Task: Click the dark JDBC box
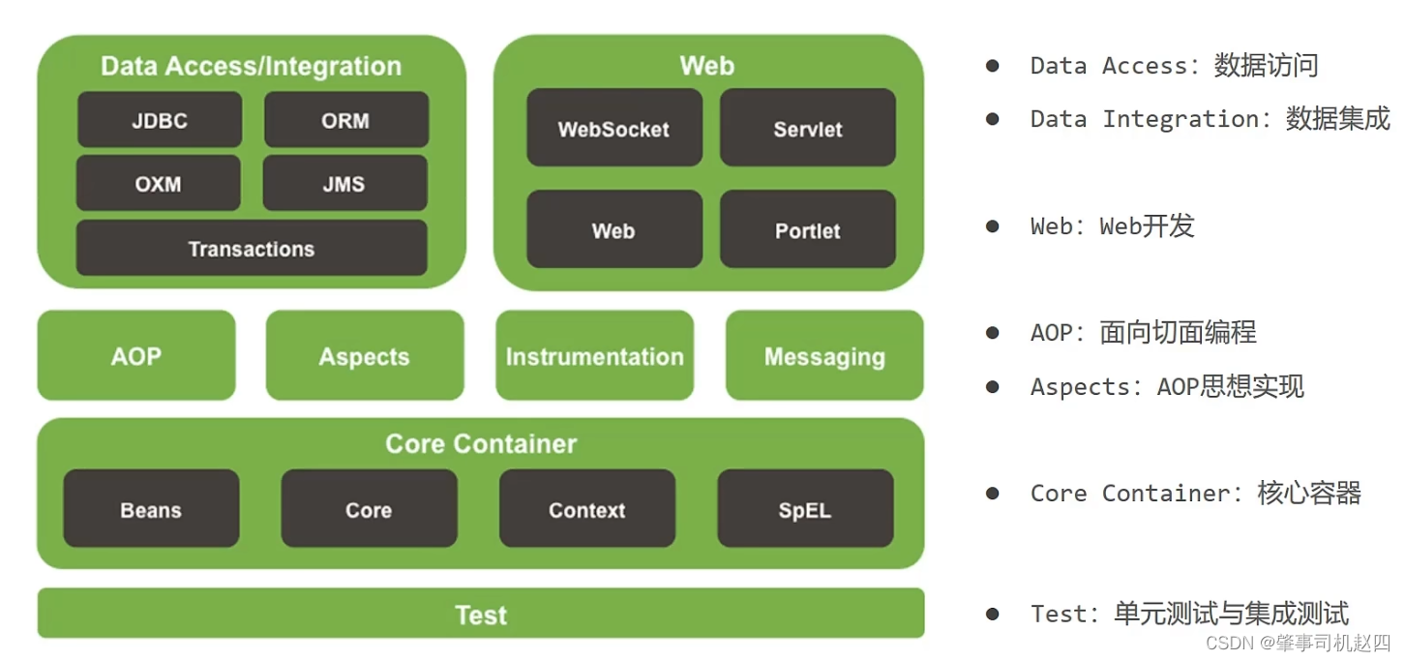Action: pos(160,120)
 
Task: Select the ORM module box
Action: pos(345,120)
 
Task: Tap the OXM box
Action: pos(158,183)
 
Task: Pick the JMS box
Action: pos(344,183)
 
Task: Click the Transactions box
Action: pos(252,248)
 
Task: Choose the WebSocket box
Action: pos(613,128)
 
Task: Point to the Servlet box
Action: pos(807,128)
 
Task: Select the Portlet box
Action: pos(807,229)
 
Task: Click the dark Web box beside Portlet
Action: pos(613,229)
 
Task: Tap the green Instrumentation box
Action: pos(594,355)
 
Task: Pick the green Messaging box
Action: pos(824,355)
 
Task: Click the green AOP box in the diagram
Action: pos(136,355)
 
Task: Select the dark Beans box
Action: pos(151,509)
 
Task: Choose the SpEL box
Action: pos(805,509)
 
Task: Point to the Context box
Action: pos(587,509)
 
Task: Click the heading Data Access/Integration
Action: pos(251,66)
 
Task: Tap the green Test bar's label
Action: pos(481,615)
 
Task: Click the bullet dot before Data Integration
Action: pos(992,119)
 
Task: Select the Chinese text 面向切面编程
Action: pos(1178,333)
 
